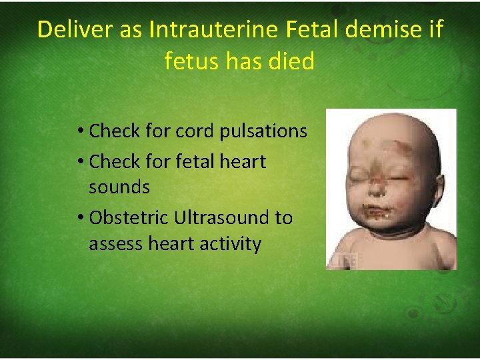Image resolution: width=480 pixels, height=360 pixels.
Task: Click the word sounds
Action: [x=119, y=187]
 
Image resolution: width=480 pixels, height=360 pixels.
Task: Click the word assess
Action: [x=117, y=245]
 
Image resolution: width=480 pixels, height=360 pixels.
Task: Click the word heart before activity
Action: [x=175, y=245]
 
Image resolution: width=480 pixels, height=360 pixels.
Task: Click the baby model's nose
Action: [x=377, y=185]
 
